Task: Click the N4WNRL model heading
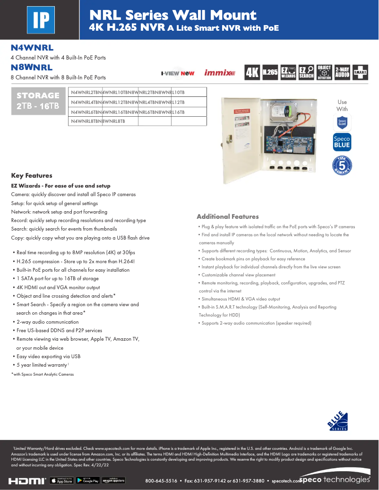(x=32, y=48)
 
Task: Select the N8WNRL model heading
(x=32, y=68)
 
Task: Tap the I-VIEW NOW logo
(x=178, y=73)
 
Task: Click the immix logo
(x=219, y=73)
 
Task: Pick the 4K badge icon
(x=252, y=72)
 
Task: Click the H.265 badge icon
(x=270, y=72)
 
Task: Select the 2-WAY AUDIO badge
(x=342, y=72)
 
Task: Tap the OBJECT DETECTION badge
(x=324, y=72)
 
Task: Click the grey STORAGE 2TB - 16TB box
(x=38, y=101)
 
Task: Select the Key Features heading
(x=32, y=175)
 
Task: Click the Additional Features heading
(x=227, y=216)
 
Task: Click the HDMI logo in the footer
(x=27, y=481)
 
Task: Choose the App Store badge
(x=61, y=481)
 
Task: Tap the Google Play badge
(x=87, y=481)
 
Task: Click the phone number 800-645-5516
(x=161, y=481)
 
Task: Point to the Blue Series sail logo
(x=338, y=422)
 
